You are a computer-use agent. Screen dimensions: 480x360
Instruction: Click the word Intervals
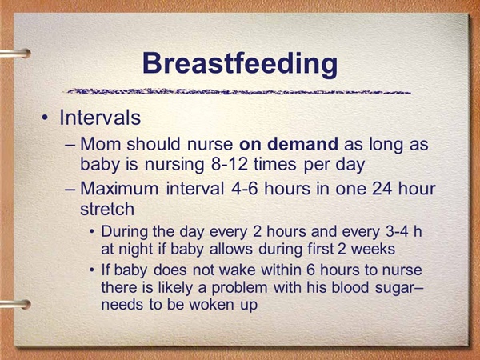pos(100,118)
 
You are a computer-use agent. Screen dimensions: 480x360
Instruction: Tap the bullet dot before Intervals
pos(45,118)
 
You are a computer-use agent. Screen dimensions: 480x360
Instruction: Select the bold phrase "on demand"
pos(289,144)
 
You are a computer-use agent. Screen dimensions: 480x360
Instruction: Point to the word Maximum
pos(119,188)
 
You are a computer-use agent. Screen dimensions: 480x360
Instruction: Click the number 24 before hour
pos(382,189)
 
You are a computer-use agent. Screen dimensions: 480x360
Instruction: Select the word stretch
pos(107,209)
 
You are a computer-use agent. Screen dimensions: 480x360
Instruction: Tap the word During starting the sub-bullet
pos(125,232)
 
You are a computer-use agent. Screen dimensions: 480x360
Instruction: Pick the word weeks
pos(373,249)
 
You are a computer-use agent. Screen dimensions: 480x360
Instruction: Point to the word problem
pos(239,288)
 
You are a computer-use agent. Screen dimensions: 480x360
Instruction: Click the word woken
pos(211,305)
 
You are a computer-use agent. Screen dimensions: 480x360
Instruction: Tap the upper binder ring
pos(15,54)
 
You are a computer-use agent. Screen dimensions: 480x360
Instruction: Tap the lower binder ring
pos(15,305)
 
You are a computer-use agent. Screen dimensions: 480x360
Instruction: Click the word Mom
pos(101,144)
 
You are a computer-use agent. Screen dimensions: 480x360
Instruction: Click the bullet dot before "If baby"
pos(92,270)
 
